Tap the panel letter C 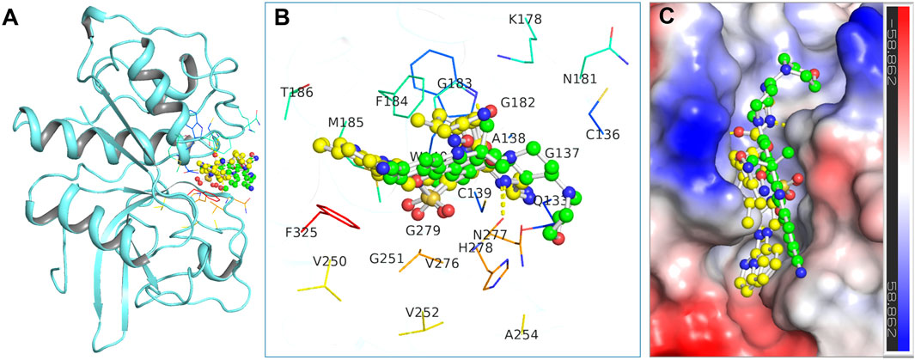pyautogui.click(x=664, y=18)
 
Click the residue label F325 pyautogui.click(x=302, y=232)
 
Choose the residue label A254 pyautogui.click(x=522, y=334)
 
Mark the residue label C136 pyautogui.click(x=602, y=134)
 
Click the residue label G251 pyautogui.click(x=387, y=258)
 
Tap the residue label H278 pyautogui.click(x=475, y=247)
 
